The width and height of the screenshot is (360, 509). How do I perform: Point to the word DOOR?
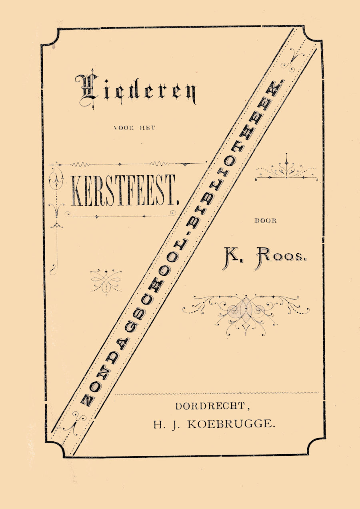266,220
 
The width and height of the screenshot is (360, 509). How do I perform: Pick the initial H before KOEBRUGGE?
158,425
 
